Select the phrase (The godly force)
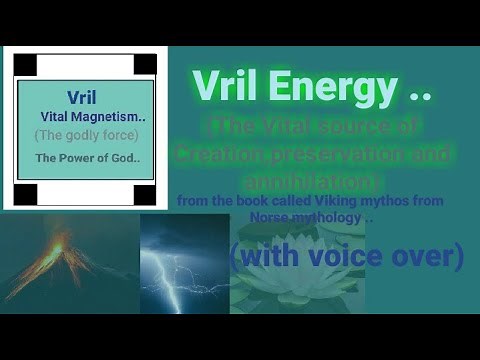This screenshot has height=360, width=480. click(86, 135)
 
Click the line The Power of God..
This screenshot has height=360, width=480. click(86, 158)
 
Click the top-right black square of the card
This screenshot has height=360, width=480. click(145, 65)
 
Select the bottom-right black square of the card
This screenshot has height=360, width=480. click(145, 193)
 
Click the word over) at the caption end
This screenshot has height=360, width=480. click(428, 256)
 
